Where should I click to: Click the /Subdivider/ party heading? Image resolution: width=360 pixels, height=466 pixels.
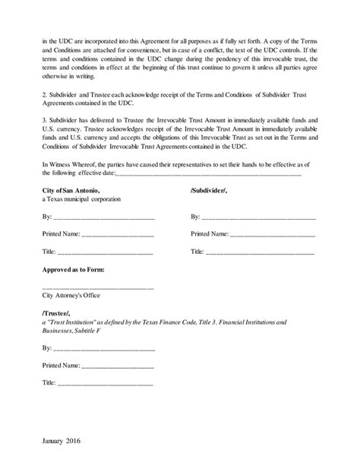point(212,189)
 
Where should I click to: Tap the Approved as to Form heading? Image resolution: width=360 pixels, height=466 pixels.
point(74,269)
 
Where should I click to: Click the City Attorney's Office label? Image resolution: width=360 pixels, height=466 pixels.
point(71,295)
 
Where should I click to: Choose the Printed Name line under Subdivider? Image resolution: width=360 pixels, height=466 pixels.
point(273,235)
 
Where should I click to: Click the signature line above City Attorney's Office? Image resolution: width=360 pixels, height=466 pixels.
point(98,287)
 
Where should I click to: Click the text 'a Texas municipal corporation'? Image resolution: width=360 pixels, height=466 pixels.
point(81,198)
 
